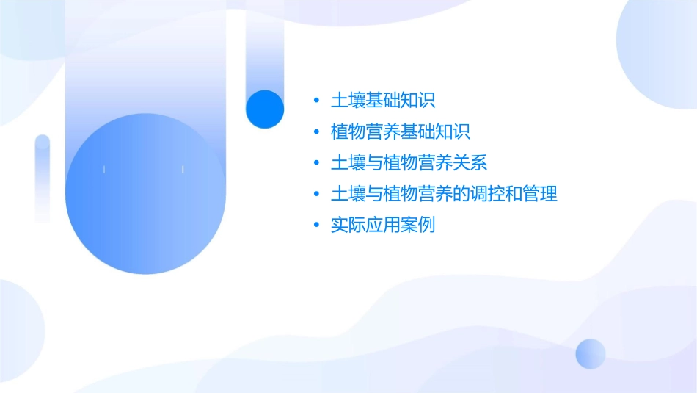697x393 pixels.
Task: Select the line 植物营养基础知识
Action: [x=401, y=132]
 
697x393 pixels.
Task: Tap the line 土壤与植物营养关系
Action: [x=409, y=163]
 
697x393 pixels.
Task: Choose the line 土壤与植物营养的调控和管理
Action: [x=445, y=194]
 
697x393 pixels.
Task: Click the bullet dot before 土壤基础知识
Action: [x=316, y=101]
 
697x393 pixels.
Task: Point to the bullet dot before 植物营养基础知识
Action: [x=316, y=132]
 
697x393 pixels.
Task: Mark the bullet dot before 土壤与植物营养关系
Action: [x=316, y=163]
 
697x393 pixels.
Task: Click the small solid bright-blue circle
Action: [x=264, y=109]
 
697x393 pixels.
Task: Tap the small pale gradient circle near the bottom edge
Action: [x=591, y=353]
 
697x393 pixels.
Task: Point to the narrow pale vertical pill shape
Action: [x=43, y=179]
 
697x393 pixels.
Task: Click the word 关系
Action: [x=470, y=163]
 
